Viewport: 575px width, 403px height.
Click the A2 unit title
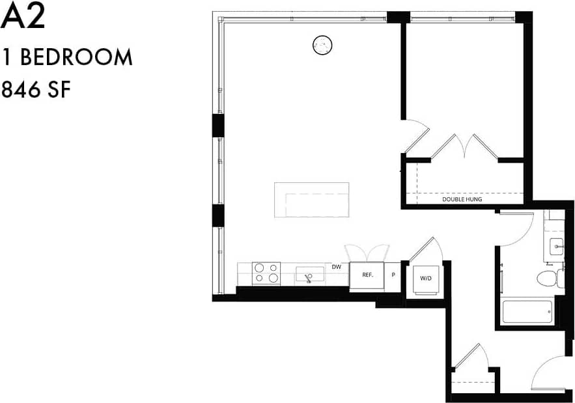click(x=23, y=18)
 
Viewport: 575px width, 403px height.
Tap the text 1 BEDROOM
click(x=67, y=57)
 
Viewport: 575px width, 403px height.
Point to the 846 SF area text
click(x=36, y=89)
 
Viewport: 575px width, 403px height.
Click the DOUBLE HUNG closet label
click(x=462, y=199)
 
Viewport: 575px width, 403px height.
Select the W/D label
click(x=426, y=278)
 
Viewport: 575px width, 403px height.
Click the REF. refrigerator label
click(x=367, y=275)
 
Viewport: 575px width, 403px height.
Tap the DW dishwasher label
click(x=336, y=267)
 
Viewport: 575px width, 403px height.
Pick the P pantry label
click(x=393, y=275)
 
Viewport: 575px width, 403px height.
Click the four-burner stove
click(x=266, y=273)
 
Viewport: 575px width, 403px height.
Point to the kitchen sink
click(x=309, y=274)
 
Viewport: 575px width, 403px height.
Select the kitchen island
click(x=311, y=200)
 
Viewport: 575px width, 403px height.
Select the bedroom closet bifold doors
click(x=464, y=146)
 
